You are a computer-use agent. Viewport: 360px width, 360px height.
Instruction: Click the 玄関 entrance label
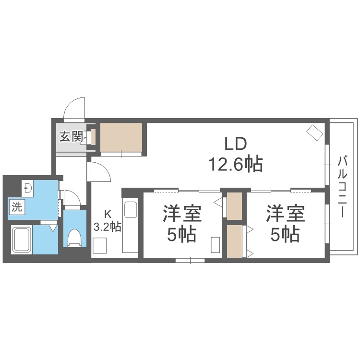coord(71,137)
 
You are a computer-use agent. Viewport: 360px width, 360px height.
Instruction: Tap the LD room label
coord(236,144)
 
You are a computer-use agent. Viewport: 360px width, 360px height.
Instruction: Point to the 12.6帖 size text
coord(235,164)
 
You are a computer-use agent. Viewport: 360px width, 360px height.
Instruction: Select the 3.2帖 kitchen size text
coord(107,227)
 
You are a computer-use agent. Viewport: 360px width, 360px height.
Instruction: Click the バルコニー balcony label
coord(342,187)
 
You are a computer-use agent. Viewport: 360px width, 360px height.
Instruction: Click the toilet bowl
coord(74,238)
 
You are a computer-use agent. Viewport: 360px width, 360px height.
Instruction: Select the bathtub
coord(22,240)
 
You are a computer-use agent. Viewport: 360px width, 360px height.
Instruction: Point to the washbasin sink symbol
coord(27,188)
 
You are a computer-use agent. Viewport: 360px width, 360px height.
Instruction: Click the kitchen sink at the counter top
coord(131,210)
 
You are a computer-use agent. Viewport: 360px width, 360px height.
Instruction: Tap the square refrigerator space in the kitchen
coord(100,245)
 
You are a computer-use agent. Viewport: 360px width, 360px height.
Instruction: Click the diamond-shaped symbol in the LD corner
coord(315,132)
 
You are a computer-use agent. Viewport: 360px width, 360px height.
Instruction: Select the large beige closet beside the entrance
coord(121,137)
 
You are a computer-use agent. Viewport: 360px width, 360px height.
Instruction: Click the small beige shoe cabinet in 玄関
coord(93,137)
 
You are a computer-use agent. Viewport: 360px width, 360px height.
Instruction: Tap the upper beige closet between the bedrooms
coord(234,206)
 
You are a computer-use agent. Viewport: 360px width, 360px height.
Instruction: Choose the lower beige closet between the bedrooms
coord(234,241)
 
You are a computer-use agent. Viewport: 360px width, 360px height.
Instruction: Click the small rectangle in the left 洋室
coord(216,245)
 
